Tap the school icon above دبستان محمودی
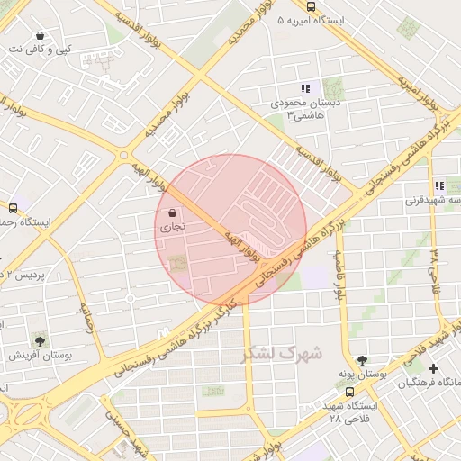click(x=305, y=88)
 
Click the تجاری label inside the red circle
click(x=172, y=228)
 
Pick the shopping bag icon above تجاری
click(x=172, y=212)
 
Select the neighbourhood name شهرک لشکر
click(x=282, y=353)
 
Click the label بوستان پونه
click(x=363, y=373)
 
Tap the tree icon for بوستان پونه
click(x=362, y=358)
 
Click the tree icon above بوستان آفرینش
click(x=40, y=339)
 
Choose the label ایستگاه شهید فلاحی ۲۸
click(x=351, y=412)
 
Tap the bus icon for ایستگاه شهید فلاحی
click(x=349, y=392)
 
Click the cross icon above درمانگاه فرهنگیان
click(x=434, y=368)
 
